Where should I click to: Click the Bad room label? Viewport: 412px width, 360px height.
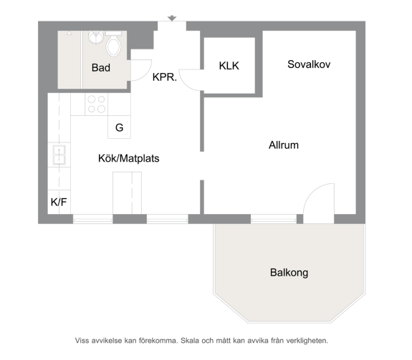(x=101, y=68)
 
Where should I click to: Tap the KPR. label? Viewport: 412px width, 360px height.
(x=165, y=77)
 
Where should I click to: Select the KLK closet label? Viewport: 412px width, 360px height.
(x=229, y=66)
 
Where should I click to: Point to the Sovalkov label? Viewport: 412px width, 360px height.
(x=309, y=64)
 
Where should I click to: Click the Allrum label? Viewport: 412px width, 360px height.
(x=284, y=145)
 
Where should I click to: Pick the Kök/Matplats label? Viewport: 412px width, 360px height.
(x=129, y=158)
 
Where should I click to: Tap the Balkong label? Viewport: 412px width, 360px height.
(x=289, y=273)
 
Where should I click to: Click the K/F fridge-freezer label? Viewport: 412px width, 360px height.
(x=59, y=202)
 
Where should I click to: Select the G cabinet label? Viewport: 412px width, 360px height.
(x=119, y=128)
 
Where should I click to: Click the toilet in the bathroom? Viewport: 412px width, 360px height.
(x=113, y=44)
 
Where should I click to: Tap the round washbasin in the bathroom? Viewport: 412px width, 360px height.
(x=95, y=37)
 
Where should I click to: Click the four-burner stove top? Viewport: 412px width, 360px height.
(x=97, y=104)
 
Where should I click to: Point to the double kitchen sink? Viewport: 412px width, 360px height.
(x=59, y=155)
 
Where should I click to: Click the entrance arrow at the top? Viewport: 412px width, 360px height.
(x=172, y=18)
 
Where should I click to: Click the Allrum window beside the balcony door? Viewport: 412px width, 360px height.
(x=274, y=219)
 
